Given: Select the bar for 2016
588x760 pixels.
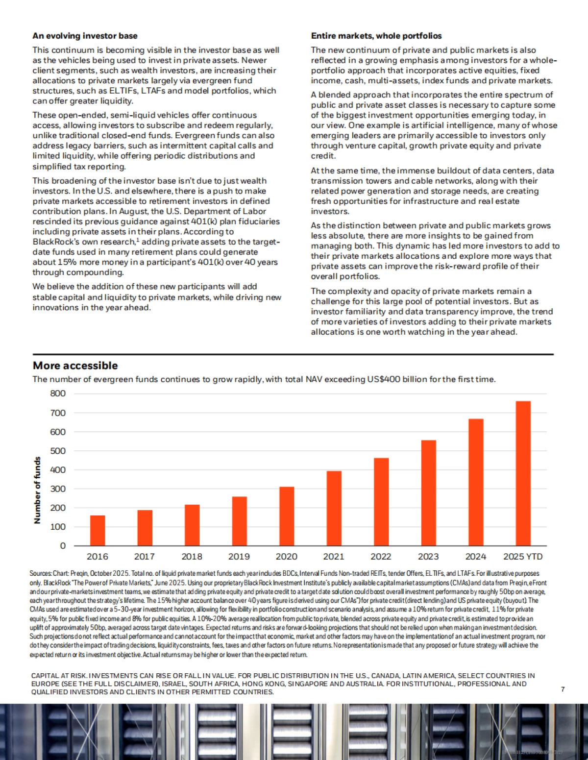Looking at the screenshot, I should click(98, 531).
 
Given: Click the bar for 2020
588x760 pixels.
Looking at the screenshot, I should click(287, 516).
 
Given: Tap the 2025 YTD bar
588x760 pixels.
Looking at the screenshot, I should click(523, 473).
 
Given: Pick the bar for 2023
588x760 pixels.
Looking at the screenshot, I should click(428, 493).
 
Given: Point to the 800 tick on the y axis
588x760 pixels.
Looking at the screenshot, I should click(58, 393).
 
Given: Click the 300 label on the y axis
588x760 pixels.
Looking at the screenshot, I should click(58, 489).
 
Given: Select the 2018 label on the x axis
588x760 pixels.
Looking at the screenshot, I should click(192, 557).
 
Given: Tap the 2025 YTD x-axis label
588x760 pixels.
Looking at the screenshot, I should click(523, 557).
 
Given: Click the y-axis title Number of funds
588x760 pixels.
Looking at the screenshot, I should click(37, 490).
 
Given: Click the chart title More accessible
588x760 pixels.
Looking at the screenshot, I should click(75, 366).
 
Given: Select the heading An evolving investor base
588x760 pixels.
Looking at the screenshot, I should click(85, 36).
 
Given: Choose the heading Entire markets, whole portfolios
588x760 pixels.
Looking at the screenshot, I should click(376, 36).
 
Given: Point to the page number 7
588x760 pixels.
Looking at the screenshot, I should click(563, 689).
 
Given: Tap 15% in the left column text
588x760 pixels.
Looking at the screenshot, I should click(67, 262).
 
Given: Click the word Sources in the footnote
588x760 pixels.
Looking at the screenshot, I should click(40, 573).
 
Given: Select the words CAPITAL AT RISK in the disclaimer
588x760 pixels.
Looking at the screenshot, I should click(59, 676).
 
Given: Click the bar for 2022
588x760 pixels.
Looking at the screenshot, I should click(381, 502).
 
